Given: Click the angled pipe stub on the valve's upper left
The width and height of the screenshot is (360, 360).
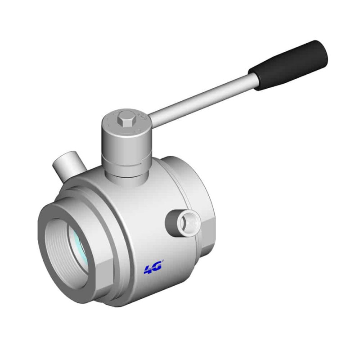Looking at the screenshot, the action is pyautogui.click(x=69, y=165).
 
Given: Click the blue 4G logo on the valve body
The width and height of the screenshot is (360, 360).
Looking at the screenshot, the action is pyautogui.click(x=153, y=267).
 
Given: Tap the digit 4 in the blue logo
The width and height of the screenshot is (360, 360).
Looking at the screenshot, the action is pyautogui.click(x=148, y=269).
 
